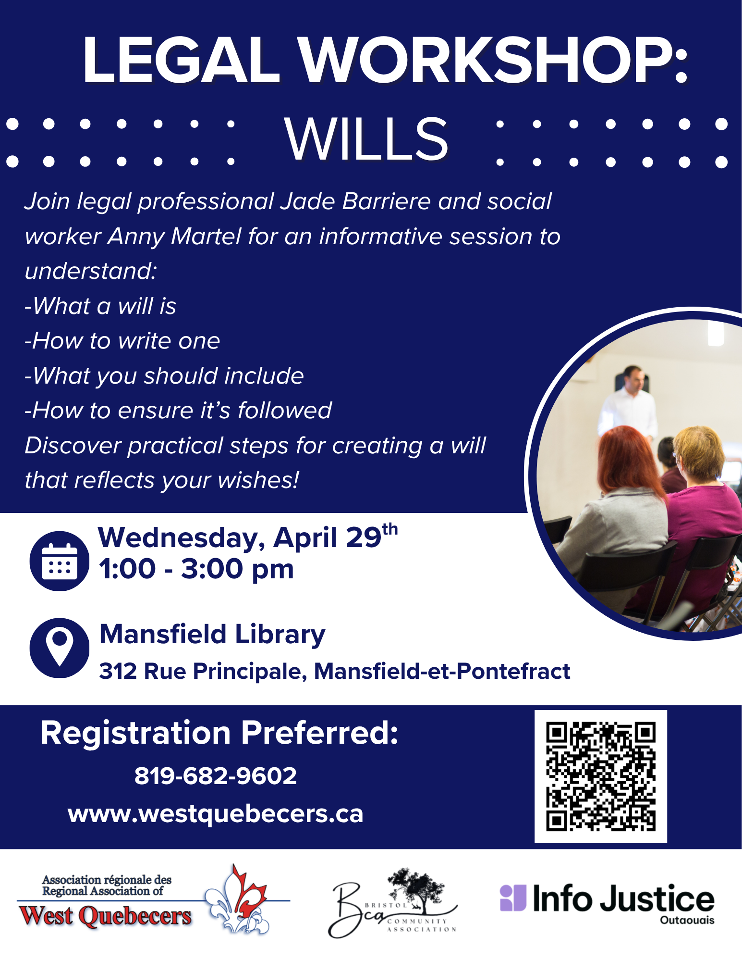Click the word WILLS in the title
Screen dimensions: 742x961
pos(366,139)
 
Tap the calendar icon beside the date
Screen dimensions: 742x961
pos(60,561)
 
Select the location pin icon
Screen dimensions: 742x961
pos(60,648)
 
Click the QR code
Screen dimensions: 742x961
pos(601,776)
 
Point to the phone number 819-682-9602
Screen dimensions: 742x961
pos(216,776)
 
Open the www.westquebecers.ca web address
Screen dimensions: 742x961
pos(216,814)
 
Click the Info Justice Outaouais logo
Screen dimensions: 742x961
pos(607,903)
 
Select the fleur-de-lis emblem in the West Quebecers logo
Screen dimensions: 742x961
pos(237,899)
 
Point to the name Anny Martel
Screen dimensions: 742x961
pos(174,236)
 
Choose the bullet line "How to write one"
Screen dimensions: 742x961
pos(122,341)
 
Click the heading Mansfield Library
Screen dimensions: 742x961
pos(212,635)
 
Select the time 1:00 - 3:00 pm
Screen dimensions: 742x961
pos(196,569)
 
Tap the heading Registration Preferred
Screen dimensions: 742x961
pos(219,733)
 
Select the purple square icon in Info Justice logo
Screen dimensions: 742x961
pos(513,898)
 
